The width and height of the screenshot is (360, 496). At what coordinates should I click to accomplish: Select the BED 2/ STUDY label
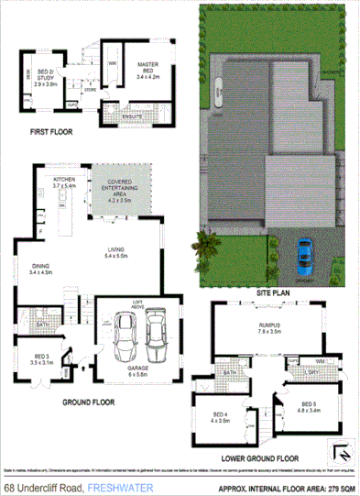[46, 73]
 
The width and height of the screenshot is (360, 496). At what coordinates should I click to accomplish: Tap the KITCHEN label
[63, 180]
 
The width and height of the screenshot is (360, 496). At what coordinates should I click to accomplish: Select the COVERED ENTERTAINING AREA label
[121, 189]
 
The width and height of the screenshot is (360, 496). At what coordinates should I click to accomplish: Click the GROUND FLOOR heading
[88, 401]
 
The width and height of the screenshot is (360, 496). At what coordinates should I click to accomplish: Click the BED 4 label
[220, 416]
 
